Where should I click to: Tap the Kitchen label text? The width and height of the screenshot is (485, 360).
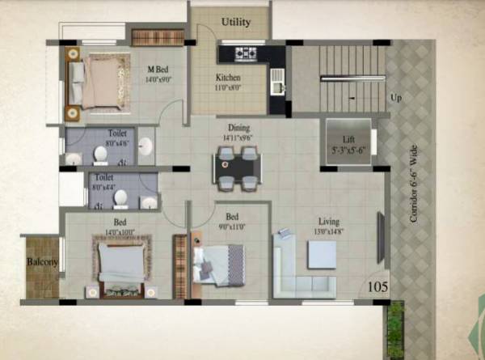pos(228,78)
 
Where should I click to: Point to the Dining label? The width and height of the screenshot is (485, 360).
pos(238,128)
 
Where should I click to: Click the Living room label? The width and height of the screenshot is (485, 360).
pos(328,221)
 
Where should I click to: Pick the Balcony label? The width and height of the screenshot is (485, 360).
pos(40,262)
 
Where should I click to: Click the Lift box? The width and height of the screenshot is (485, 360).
pos(348,143)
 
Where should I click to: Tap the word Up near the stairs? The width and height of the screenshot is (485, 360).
pos(396,98)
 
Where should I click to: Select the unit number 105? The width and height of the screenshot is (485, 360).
pos(377,286)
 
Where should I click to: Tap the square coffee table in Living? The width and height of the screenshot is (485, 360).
pos(322,255)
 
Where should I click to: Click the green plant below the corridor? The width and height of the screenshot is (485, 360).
pos(395,328)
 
